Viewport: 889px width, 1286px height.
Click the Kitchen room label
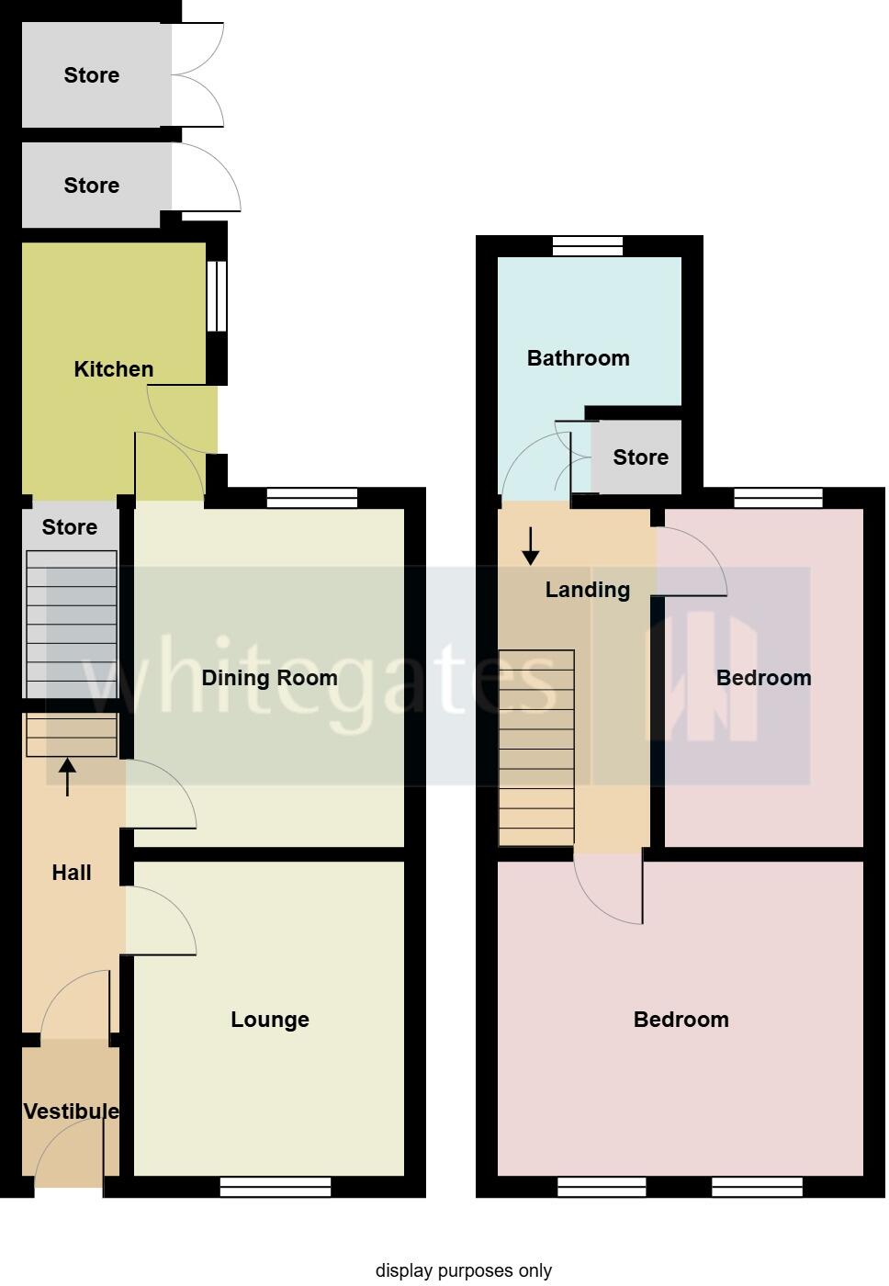[113, 369]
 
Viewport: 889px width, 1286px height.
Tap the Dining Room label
[269, 678]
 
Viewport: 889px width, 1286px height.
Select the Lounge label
[269, 1020]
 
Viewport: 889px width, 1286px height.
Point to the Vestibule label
[71, 1111]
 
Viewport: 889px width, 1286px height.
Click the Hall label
[71, 873]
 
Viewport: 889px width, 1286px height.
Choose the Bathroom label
[578, 358]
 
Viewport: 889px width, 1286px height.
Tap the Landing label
[587, 590]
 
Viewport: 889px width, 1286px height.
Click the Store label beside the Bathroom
[640, 457]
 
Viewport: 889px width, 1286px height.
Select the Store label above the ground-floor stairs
[69, 527]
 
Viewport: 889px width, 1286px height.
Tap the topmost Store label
[91, 75]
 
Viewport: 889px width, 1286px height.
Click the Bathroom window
[588, 246]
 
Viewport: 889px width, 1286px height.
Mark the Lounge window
[276, 1188]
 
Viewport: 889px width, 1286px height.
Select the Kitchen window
[217, 296]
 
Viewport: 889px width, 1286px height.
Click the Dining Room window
[311, 498]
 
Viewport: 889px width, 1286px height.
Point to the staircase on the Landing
[536, 748]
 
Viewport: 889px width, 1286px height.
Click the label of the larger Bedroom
[681, 1020]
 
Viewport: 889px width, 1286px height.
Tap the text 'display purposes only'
[463, 1271]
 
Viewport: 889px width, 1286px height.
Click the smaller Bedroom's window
[779, 498]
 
